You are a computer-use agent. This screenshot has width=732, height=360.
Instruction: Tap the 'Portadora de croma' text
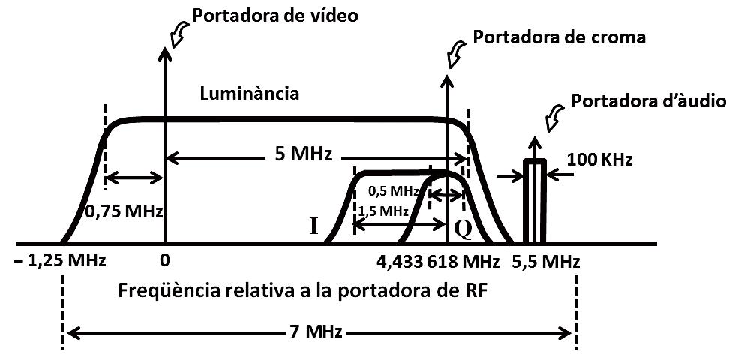click(559, 36)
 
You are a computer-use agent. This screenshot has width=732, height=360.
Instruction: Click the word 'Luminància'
click(250, 94)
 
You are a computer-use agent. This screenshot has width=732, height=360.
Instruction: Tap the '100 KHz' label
click(600, 159)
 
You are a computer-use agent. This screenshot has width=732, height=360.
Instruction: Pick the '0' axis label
click(165, 262)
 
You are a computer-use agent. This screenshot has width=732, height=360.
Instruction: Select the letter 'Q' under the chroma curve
click(463, 229)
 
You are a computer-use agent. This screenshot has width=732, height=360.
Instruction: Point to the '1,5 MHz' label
click(379, 211)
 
